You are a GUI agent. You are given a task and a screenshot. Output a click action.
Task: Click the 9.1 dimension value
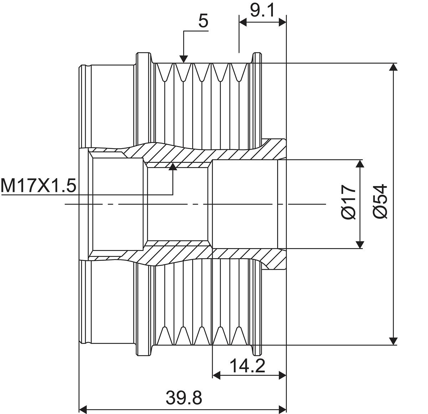pos(262,10)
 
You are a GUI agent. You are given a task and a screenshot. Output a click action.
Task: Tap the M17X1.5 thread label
pos(39,185)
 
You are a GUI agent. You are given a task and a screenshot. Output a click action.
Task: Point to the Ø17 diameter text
pos(349,202)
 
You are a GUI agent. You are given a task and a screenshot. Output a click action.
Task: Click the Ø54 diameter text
pos(380,201)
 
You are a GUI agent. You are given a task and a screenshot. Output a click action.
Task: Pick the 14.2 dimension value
pos(247,366)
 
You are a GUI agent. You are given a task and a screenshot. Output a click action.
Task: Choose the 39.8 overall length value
pos(184,398)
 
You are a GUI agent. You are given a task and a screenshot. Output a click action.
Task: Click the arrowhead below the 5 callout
pos(184,59)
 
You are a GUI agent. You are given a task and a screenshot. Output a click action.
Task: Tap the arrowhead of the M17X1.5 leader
pos(173,167)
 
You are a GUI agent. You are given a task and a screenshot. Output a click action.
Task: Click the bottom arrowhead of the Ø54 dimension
pos(393,341)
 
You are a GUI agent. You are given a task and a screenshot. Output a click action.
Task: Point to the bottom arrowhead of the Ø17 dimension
pos(360,245)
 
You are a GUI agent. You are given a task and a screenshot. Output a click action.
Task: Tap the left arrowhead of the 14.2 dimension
pos(216,375)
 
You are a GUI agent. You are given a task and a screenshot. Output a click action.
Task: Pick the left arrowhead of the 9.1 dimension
pos(243,22)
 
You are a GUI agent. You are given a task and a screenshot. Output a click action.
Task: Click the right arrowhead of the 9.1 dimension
pos(282,22)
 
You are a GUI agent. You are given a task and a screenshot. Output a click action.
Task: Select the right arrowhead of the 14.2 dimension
pos(282,375)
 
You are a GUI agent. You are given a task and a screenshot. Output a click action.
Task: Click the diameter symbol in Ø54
pos(380,213)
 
